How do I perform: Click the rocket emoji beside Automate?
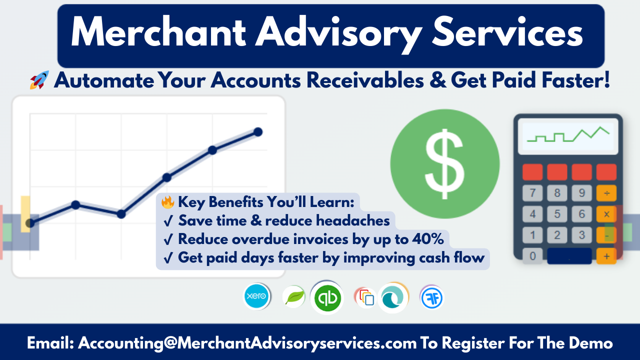click(x=39, y=80)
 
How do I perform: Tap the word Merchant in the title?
click(x=158, y=32)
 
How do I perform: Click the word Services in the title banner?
click(x=507, y=32)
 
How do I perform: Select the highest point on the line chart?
click(x=258, y=132)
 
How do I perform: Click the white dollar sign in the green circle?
click(x=444, y=164)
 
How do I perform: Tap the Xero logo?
click(x=256, y=296)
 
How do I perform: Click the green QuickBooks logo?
click(x=327, y=298)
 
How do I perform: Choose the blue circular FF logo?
click(x=431, y=297)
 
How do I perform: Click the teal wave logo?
click(x=393, y=298)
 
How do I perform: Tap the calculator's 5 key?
click(x=557, y=214)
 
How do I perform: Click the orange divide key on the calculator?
click(x=606, y=193)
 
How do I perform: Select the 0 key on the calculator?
click(x=532, y=256)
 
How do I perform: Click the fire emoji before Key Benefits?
click(x=167, y=202)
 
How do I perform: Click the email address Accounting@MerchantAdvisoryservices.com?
click(x=247, y=343)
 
